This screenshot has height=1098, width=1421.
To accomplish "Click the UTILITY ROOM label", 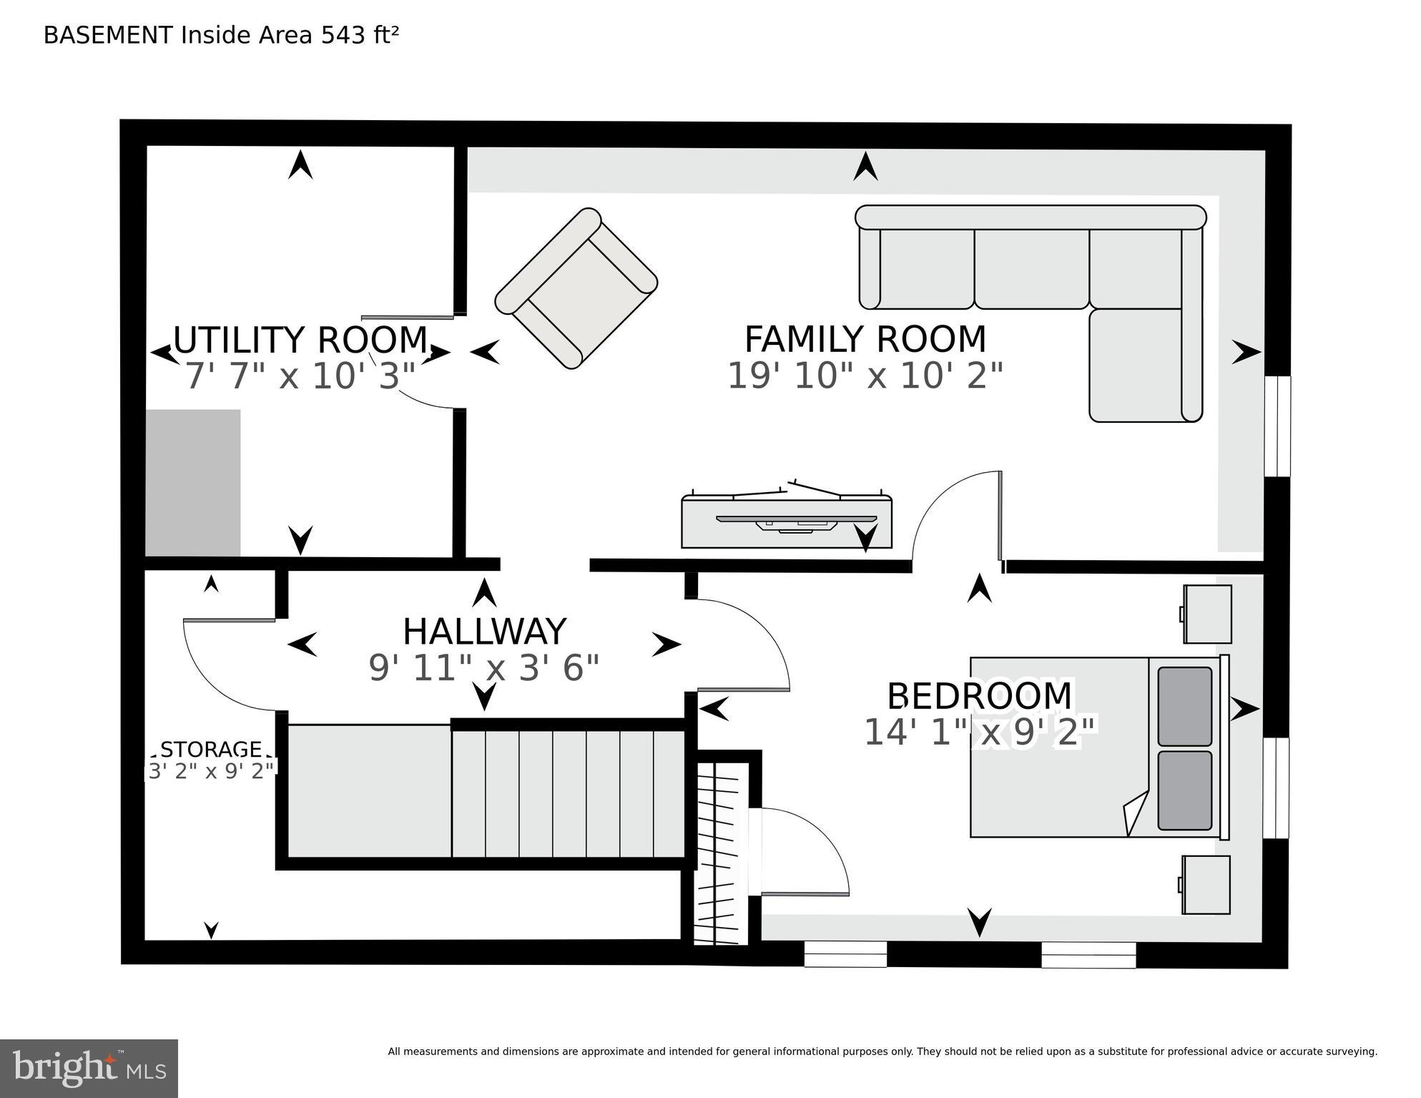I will point(300,340).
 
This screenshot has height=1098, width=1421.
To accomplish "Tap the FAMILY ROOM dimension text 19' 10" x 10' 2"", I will point(865,376).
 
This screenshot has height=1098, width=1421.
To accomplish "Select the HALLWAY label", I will point(484,632).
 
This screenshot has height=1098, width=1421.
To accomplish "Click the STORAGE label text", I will point(211,749).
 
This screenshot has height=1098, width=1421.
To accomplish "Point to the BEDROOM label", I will point(979,696).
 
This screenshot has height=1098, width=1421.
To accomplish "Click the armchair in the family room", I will point(576,288).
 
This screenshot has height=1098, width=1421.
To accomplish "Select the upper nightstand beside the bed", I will point(1207,614).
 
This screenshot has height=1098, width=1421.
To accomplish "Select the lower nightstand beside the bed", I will point(1206,884).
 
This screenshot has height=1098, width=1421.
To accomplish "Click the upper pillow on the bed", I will point(1184,706).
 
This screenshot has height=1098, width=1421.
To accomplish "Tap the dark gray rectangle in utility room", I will point(193,483).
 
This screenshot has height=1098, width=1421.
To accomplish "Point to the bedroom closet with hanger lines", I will point(722,855).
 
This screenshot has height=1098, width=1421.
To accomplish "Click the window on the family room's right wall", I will point(1277,426).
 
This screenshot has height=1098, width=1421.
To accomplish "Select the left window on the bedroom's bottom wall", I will point(845,954).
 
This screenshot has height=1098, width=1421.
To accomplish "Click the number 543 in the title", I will point(343,35).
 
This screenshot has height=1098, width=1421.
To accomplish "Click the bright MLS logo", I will point(89,1068).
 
